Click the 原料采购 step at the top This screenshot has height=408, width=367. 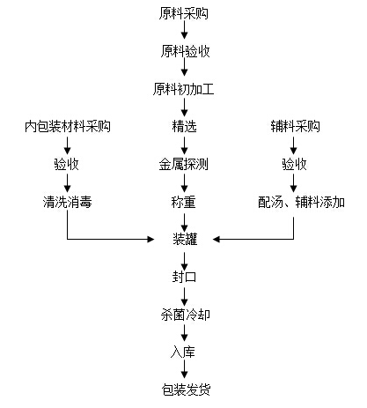tap(184, 13)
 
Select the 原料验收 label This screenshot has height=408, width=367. tap(184, 51)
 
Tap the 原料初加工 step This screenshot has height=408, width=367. tap(184, 89)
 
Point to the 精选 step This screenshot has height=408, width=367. tap(184, 126)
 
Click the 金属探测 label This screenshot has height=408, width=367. tap(184, 164)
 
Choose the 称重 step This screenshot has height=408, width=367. tap(184, 202)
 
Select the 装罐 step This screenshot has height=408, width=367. tap(184, 239)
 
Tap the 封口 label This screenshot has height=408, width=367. tap(184, 276)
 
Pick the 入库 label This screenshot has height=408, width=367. tap(184, 351)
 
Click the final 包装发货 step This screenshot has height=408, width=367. tap(184, 389)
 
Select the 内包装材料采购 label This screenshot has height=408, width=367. tap(68, 126)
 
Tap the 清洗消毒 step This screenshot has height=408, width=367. tap(68, 202)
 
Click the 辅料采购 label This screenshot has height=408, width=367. tap(295, 126)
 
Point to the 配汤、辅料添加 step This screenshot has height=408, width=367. tap(295, 202)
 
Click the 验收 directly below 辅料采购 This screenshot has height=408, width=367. tap(295, 164)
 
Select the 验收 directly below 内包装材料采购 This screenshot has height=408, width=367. tap(68, 164)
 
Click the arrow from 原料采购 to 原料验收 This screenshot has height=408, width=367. tap(184, 32)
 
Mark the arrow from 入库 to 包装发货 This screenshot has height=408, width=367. tap(184, 369)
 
